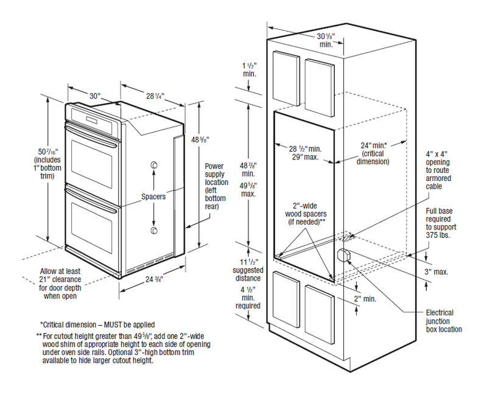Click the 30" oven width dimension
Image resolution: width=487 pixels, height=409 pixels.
(x=94, y=96)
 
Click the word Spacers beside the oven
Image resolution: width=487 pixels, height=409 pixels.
(x=153, y=197)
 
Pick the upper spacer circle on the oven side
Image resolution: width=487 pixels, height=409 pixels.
(x=154, y=166)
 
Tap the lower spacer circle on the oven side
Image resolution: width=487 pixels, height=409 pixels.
(x=154, y=229)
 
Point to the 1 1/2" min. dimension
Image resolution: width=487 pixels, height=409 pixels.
(x=250, y=69)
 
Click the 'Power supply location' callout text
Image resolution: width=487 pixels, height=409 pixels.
(x=215, y=185)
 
